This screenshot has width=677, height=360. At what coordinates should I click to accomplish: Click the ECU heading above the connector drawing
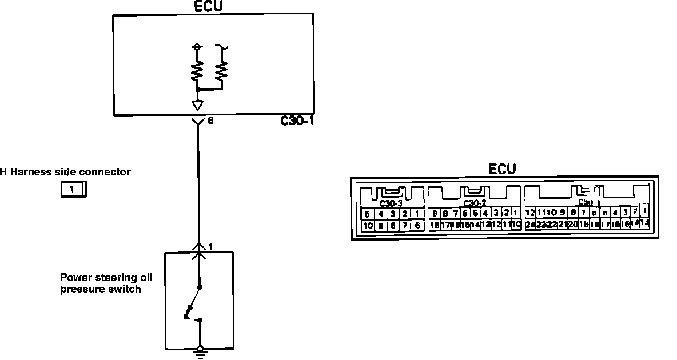tap(503, 169)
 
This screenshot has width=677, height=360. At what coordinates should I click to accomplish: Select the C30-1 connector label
tap(298, 121)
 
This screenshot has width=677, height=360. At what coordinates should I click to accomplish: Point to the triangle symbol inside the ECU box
tap(198, 106)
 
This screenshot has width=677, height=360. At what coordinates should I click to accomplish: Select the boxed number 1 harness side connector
tap(73, 189)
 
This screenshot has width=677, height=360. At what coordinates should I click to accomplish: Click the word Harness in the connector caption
tap(31, 171)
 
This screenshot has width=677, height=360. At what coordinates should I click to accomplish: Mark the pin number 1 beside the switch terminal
tap(211, 247)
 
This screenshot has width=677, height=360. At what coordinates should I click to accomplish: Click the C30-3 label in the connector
tap(391, 203)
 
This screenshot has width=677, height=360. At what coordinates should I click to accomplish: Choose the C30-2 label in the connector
tap(475, 203)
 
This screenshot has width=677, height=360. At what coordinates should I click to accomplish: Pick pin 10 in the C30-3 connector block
tap(368, 225)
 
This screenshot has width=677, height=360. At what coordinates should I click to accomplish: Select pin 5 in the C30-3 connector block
tap(368, 214)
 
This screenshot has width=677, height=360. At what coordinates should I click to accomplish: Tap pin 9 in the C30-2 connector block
tap(436, 214)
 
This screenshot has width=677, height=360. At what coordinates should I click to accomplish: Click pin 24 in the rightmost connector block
tap(530, 225)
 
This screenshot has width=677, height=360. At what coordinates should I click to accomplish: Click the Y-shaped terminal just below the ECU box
tap(198, 122)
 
